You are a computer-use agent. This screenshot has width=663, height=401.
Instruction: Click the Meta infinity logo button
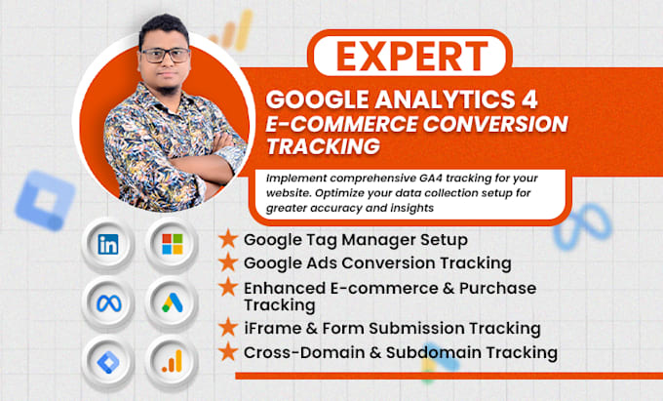click(x=108, y=303)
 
